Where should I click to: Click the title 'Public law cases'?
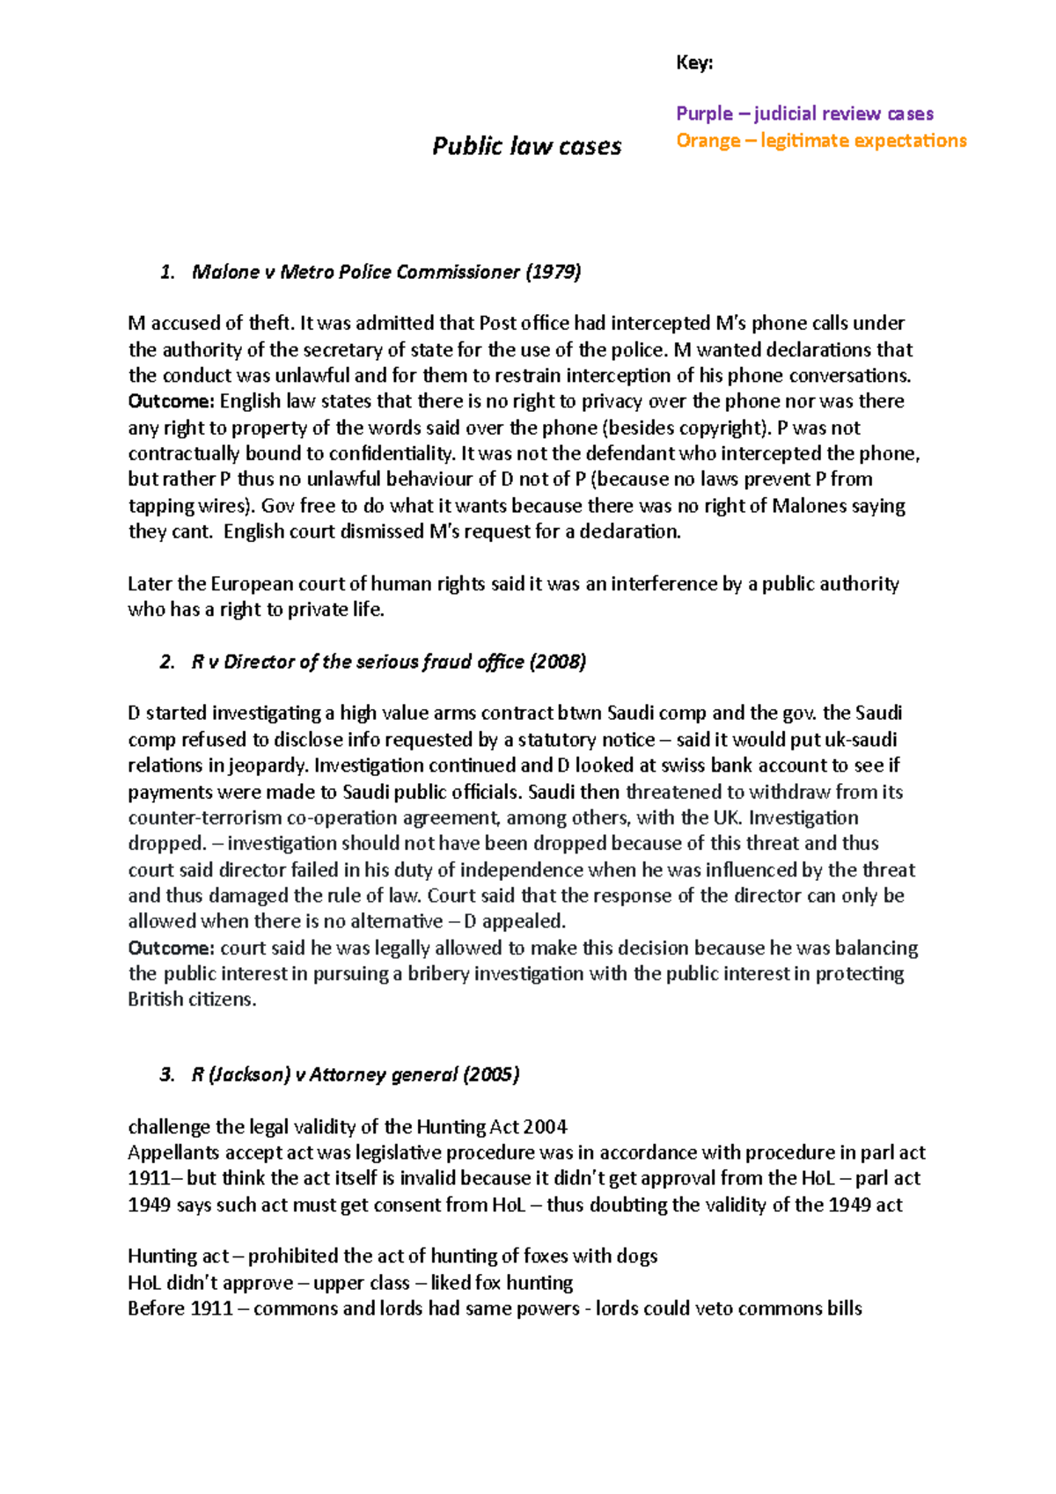pos(526,146)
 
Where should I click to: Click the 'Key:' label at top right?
pos(694,62)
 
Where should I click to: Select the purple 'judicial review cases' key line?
pos(804,114)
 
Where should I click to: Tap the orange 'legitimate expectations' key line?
pos(821,141)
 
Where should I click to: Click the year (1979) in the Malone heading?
pos(553,272)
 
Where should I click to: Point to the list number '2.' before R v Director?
pos(167,662)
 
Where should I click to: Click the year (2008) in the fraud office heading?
pos(557,662)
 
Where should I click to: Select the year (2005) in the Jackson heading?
pos(491,1074)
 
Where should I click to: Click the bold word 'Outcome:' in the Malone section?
pos(172,401)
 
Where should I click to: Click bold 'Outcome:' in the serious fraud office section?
pos(172,948)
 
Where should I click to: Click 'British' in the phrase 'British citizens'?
pos(156,1000)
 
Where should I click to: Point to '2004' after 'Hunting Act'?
pos(546,1127)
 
